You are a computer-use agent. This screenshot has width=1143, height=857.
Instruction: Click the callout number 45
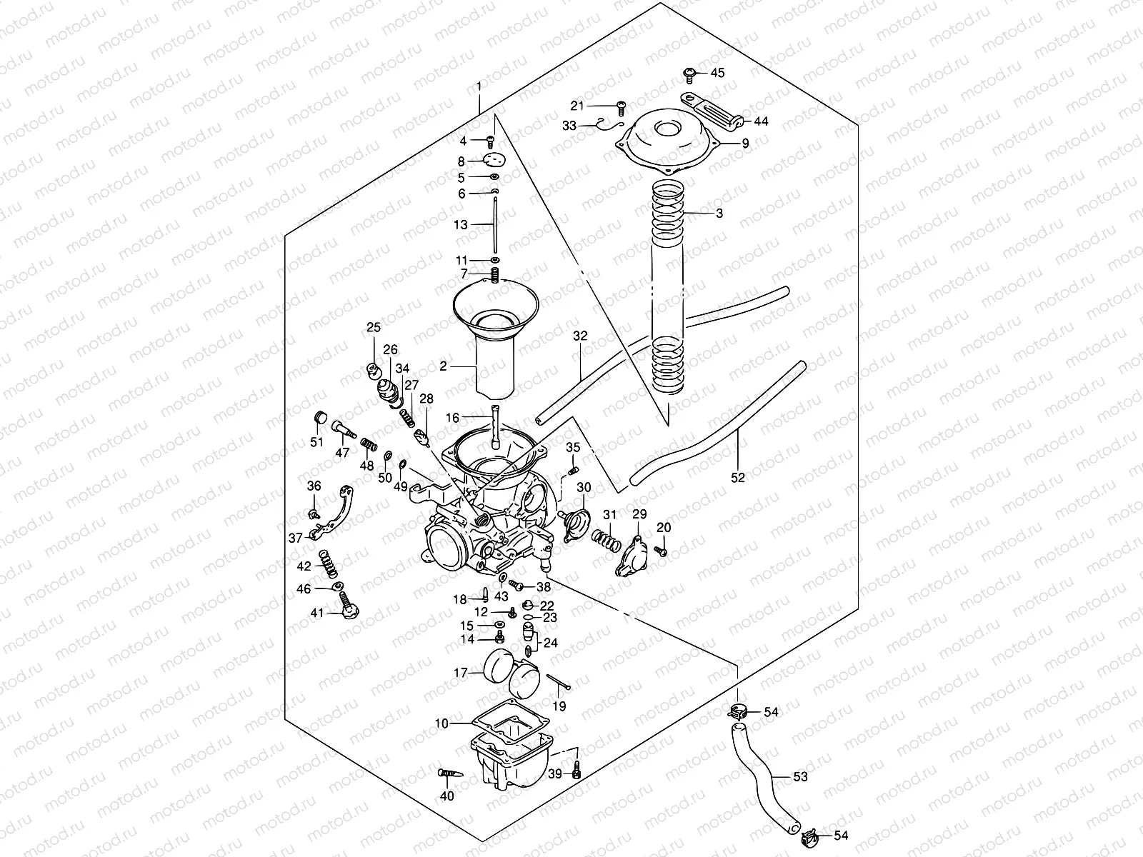coord(717,73)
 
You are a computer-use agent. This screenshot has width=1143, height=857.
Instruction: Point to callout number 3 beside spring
coord(719,214)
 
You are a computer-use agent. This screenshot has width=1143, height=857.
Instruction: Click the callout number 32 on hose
coord(580,335)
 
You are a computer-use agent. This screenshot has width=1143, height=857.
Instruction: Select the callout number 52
coord(738,478)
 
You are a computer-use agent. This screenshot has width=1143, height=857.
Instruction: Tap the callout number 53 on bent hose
coord(800,776)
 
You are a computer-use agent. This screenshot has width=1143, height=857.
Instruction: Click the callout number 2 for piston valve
coord(443,366)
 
